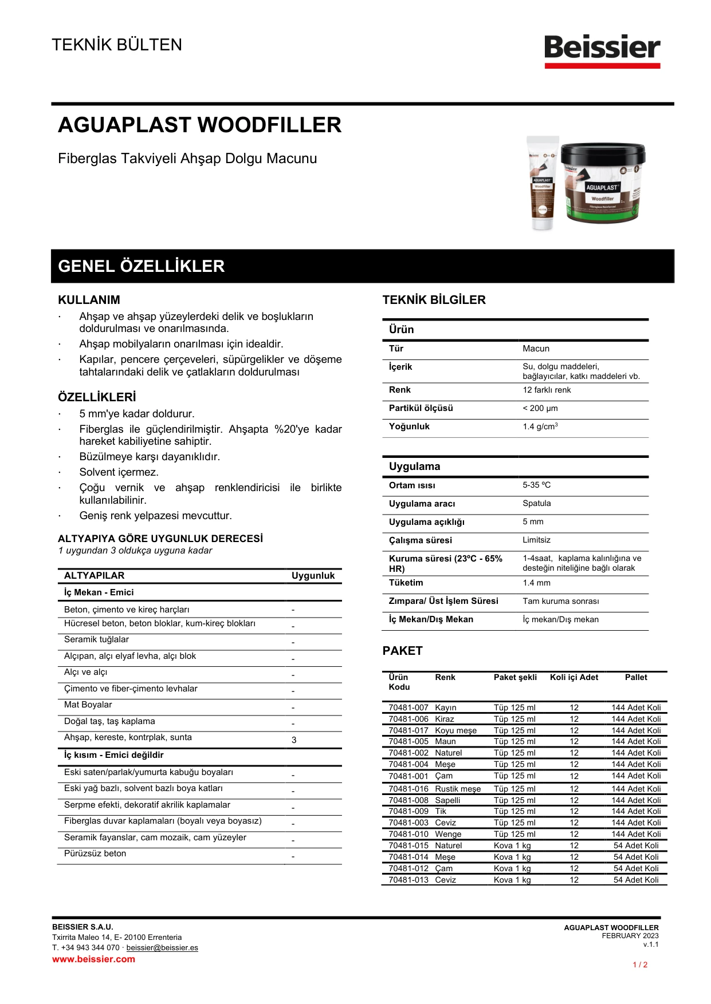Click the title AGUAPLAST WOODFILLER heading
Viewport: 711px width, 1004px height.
(x=199, y=125)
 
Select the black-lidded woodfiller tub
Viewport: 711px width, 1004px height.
(x=603, y=183)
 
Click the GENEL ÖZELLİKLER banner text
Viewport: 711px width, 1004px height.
(x=141, y=266)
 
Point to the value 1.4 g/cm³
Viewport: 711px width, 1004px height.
(x=540, y=426)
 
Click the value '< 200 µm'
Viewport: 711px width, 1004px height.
(x=540, y=408)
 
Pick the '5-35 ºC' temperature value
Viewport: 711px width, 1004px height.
(x=536, y=485)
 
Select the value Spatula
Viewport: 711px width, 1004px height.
(x=536, y=503)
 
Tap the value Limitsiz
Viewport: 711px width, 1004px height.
(x=536, y=540)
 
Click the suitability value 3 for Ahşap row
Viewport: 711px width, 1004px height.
(x=294, y=740)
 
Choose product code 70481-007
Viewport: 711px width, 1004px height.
(x=408, y=707)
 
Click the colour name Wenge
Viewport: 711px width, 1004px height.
(x=448, y=834)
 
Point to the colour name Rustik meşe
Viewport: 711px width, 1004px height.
(x=458, y=789)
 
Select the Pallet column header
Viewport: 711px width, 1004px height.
(x=636, y=677)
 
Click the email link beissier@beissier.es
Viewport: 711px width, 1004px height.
(x=162, y=948)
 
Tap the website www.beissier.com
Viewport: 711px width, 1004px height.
(x=93, y=959)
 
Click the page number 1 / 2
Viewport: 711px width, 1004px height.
(x=640, y=965)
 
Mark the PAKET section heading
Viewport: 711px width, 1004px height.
(x=402, y=651)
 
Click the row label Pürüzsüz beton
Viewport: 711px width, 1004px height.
(x=95, y=853)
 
